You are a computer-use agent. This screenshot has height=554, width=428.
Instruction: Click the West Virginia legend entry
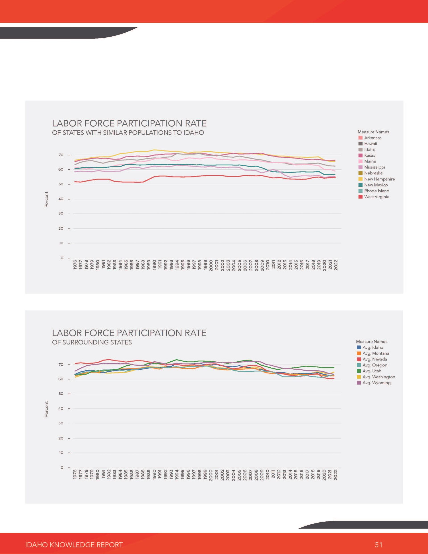point(374,197)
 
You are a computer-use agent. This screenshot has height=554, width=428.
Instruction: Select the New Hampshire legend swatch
point(360,179)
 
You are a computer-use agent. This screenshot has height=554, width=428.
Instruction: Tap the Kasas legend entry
point(367,155)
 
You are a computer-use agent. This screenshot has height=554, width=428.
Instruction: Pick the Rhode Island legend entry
point(374,191)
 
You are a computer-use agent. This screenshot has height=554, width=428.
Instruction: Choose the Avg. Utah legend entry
point(369,371)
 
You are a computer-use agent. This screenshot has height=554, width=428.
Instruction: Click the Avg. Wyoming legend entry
point(373,383)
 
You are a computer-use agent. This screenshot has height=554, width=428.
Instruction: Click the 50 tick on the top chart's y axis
point(61,184)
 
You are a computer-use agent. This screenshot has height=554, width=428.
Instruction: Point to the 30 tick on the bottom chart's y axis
point(61,423)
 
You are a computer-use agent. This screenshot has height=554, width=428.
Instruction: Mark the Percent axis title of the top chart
point(46,199)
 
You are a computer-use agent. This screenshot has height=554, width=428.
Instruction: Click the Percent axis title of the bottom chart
point(46,409)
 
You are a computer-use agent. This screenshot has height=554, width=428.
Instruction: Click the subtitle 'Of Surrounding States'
point(92,342)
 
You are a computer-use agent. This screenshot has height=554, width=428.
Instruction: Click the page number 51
point(379,544)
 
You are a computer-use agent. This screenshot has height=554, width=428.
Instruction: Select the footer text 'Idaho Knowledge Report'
point(74,545)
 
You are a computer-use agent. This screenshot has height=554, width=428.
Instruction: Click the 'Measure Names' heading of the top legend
point(373,132)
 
